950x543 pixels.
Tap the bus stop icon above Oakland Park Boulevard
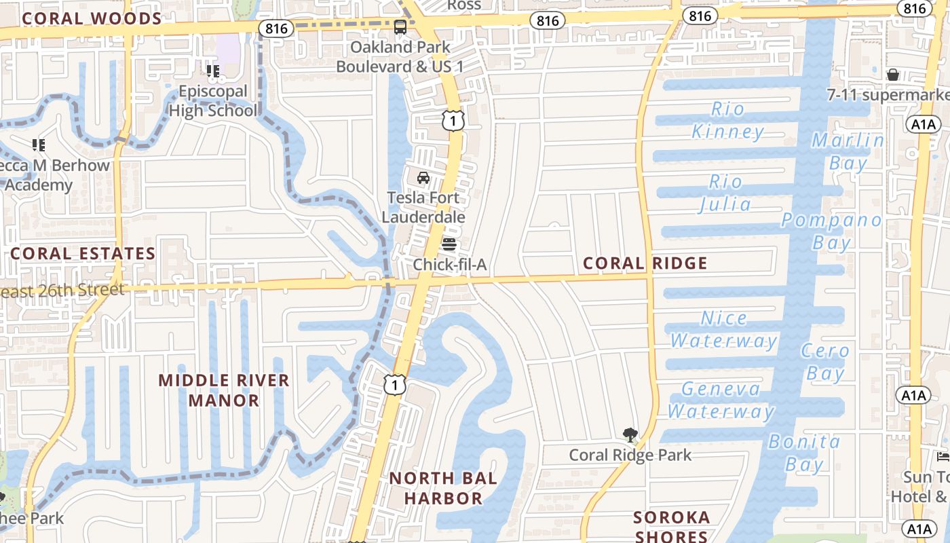(400, 27)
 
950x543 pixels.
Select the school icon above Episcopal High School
(213, 71)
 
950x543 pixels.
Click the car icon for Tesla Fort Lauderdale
(423, 178)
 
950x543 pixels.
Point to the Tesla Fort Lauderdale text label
(423, 207)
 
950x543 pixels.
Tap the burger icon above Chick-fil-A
(449, 244)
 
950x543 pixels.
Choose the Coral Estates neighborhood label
(83, 254)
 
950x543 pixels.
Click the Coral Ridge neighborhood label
(645, 263)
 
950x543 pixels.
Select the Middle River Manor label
(224, 390)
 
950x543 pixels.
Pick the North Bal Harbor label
(443, 488)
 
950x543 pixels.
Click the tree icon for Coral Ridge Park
(630, 435)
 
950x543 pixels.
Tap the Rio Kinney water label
(728, 120)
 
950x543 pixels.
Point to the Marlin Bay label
(848, 151)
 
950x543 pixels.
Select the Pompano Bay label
(832, 231)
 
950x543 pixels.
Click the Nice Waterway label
(724, 329)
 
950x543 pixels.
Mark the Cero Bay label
(825, 362)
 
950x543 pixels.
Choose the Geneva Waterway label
(721, 400)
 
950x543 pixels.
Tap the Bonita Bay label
(805, 453)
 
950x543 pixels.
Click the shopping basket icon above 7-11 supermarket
(893, 75)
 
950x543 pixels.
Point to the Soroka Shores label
(671, 526)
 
